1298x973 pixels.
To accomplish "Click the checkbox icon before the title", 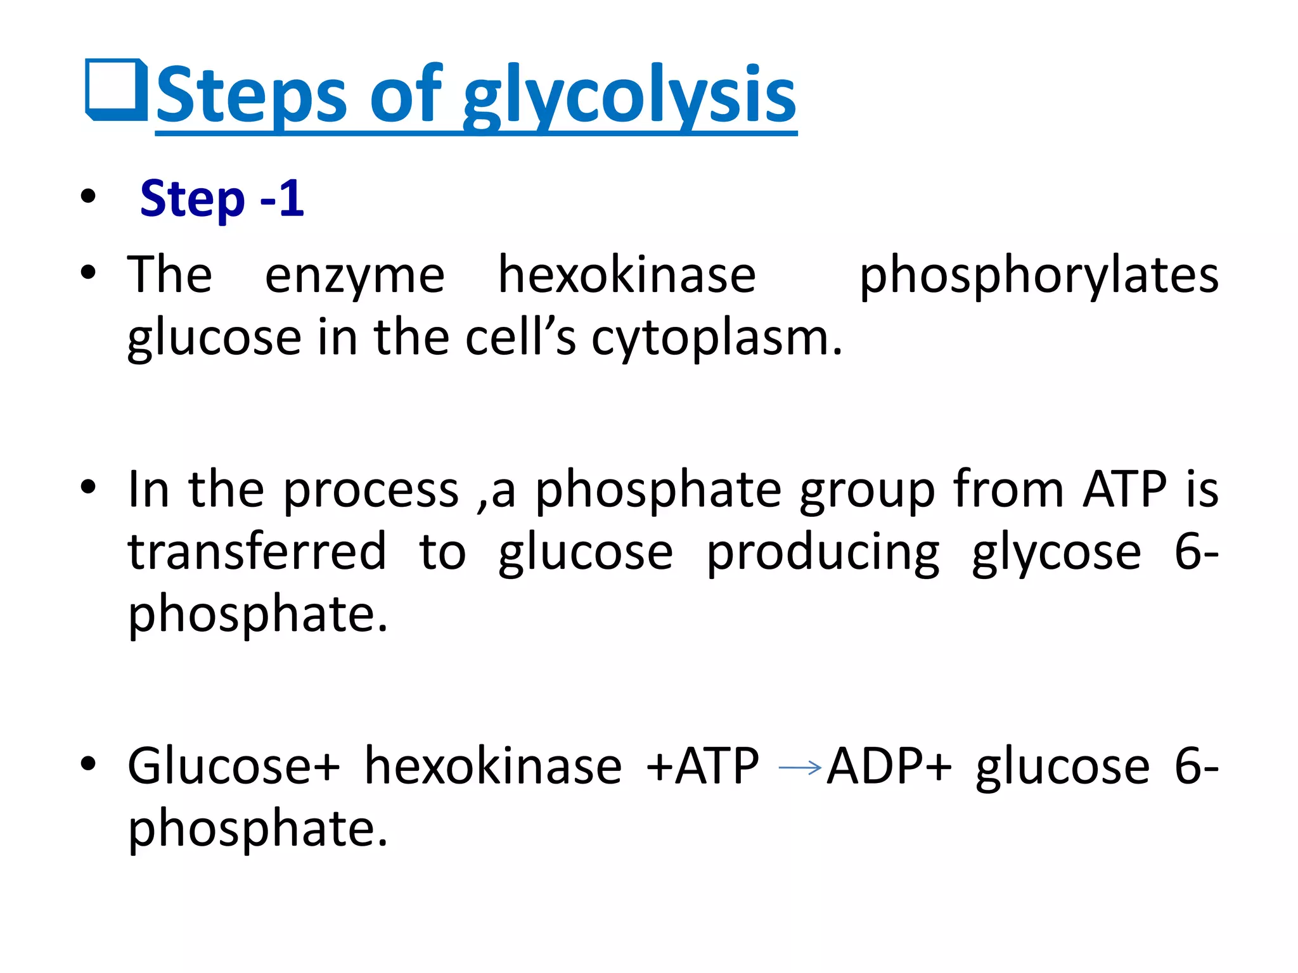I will pos(117,90).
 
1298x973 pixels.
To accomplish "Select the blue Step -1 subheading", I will pos(222,199).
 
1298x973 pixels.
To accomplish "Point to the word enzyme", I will pos(354,276).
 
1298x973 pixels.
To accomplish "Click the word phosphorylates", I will pos(1038,276).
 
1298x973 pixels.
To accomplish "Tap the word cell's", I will pos(520,337).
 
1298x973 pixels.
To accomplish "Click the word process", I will pos(370,490).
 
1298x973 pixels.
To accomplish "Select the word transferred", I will pos(257,552).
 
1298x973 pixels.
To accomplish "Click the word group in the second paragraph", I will pos(866,490).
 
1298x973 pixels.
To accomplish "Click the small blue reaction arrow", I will pos(800,768).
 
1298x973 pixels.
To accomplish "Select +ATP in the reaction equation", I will pos(702,766).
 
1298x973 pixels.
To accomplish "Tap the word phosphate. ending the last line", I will pos(257,829).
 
